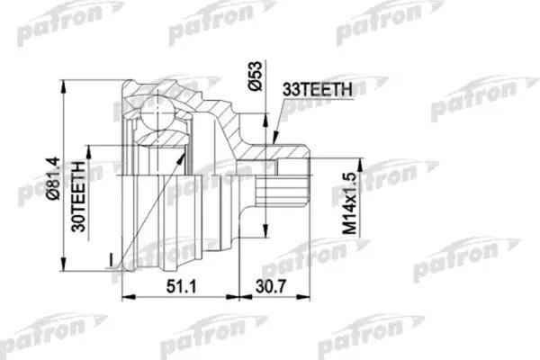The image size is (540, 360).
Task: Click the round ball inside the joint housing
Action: click(x=159, y=116)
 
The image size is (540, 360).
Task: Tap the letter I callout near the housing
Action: click(x=107, y=260)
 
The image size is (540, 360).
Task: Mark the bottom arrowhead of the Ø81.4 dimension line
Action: click(x=66, y=276)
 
